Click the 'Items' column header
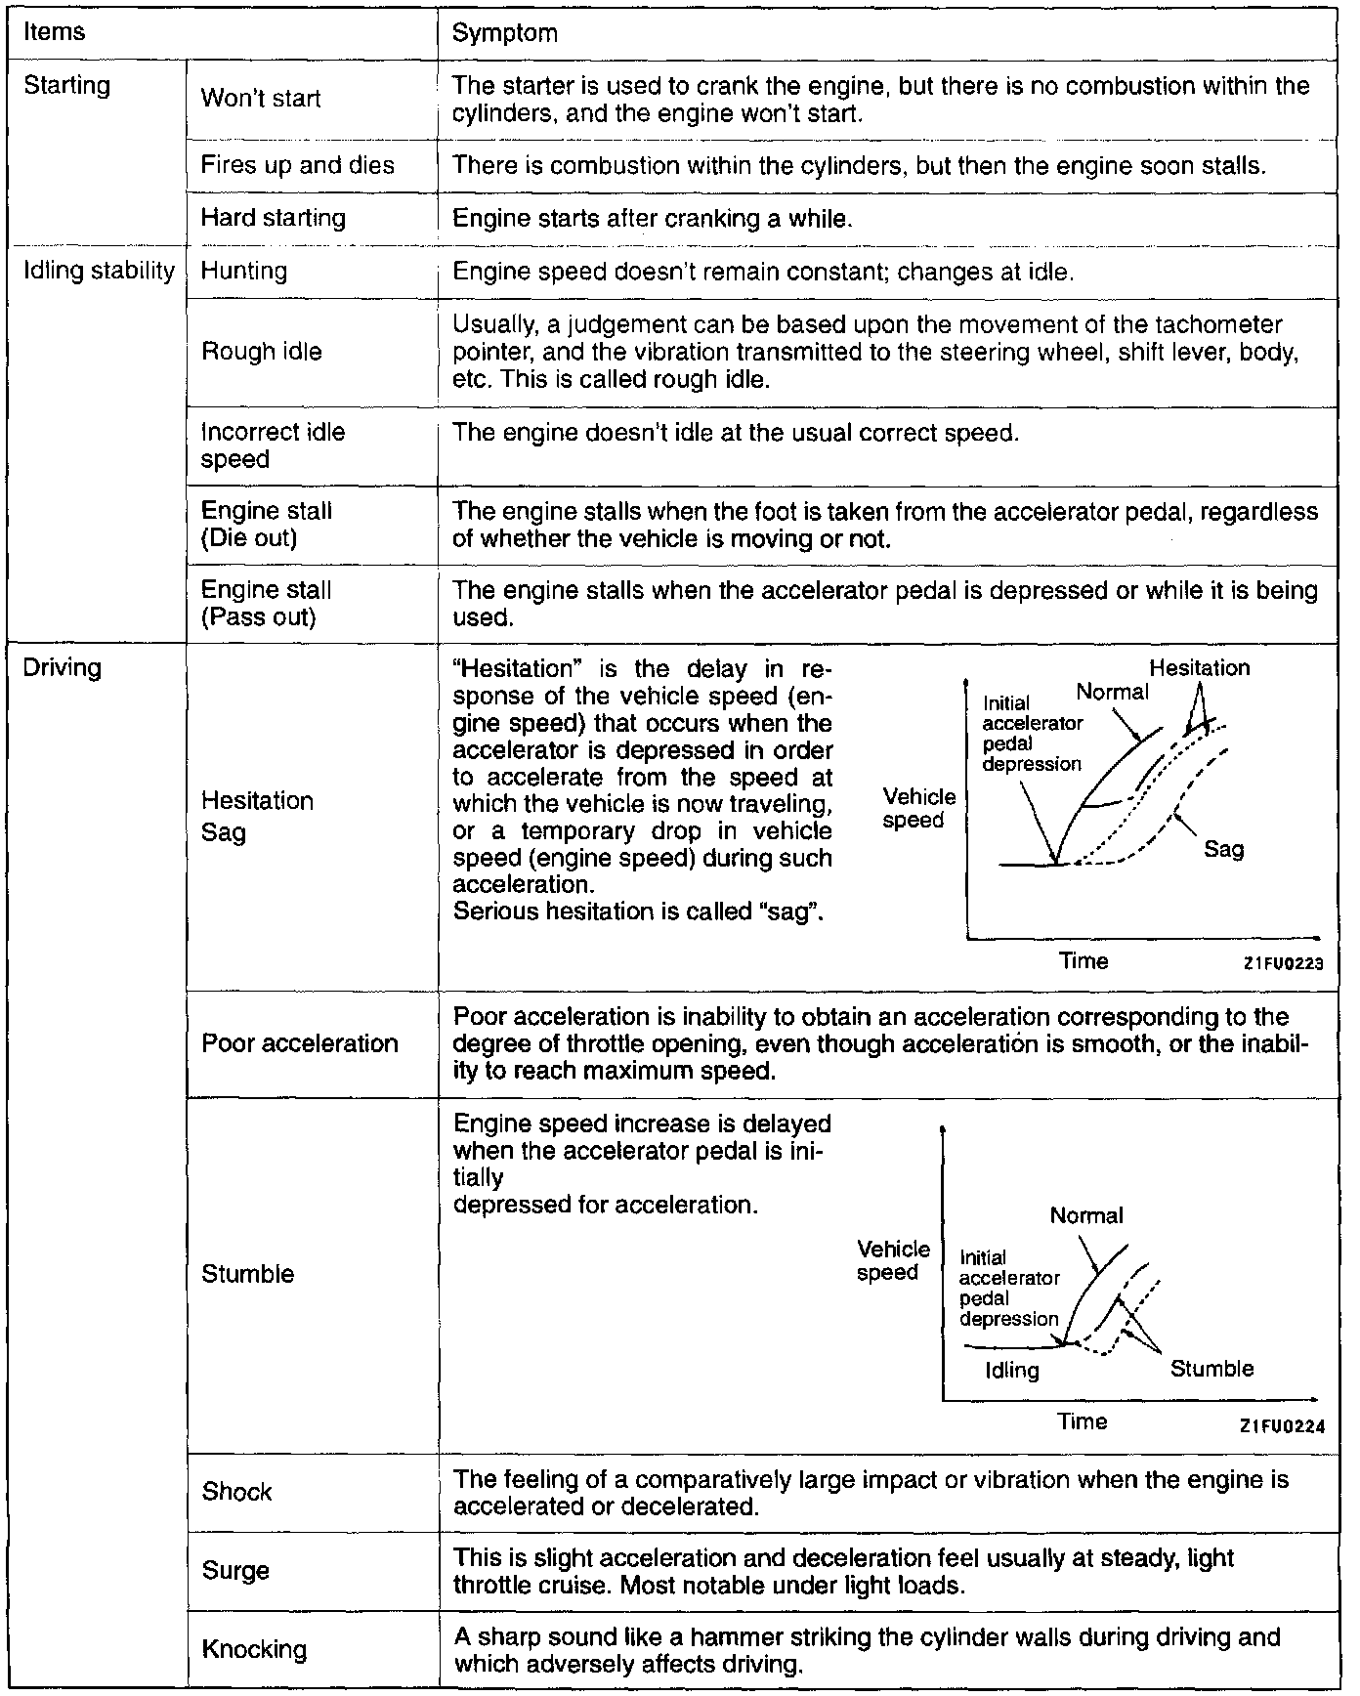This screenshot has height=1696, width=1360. (x=55, y=31)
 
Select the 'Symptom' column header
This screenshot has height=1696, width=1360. (x=504, y=33)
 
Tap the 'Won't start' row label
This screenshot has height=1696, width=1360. (x=260, y=99)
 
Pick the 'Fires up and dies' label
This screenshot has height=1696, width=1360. (x=297, y=165)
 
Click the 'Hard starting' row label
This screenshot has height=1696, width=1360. (x=273, y=217)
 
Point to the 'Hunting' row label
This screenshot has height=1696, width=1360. (x=243, y=271)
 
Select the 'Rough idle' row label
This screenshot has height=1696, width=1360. (x=261, y=352)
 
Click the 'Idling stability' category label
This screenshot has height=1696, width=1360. (x=98, y=271)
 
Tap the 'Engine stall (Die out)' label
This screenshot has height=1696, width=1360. (x=266, y=525)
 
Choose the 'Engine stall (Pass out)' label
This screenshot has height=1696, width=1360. (x=266, y=604)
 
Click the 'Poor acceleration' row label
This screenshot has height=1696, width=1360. (x=299, y=1043)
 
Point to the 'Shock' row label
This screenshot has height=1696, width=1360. (x=236, y=1492)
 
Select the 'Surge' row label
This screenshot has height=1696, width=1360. (x=235, y=1571)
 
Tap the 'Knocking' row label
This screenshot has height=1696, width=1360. (x=254, y=1649)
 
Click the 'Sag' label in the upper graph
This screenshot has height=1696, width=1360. (x=1223, y=849)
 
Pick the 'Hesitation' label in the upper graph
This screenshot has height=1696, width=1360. (x=1199, y=668)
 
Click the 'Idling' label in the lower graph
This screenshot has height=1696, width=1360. (x=1012, y=1370)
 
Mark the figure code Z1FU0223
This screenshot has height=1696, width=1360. (x=1283, y=963)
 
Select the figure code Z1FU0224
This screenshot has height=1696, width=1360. (x=1282, y=1425)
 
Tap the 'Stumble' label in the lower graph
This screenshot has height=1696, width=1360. (x=1211, y=1369)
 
